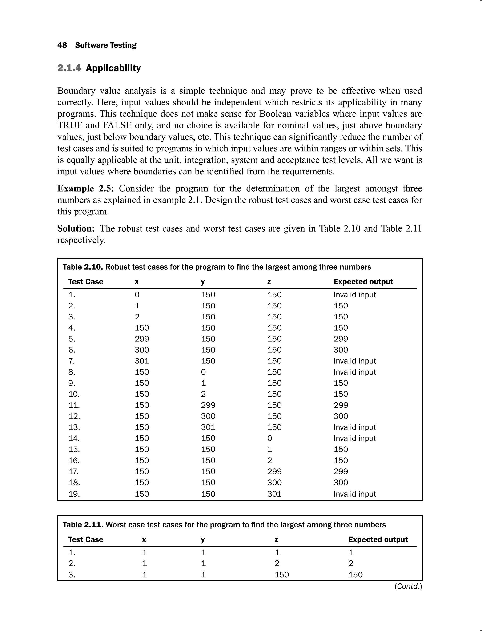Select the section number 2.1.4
[x=69, y=68]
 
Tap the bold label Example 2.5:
[x=85, y=188]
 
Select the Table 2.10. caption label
[x=82, y=267]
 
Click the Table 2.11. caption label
[x=83, y=525]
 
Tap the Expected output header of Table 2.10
[x=363, y=282]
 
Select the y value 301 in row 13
[x=208, y=427]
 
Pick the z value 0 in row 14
[x=269, y=438]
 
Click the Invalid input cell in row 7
[x=354, y=361]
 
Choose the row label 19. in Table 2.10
[x=74, y=494]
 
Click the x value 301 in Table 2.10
[x=142, y=361]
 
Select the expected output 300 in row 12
[x=341, y=416]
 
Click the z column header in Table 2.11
[x=276, y=540]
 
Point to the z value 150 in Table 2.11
[x=282, y=575]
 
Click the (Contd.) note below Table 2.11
[x=408, y=586]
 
